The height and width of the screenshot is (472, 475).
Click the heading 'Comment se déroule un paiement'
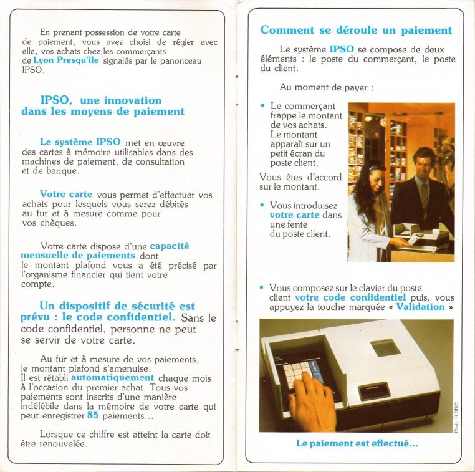pos(356,31)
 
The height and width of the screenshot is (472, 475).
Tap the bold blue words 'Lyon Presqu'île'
pos(65,60)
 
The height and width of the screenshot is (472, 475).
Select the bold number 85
pos(93,416)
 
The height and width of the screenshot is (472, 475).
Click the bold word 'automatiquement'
pos(112,378)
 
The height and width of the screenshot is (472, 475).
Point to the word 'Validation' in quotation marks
pos(421,307)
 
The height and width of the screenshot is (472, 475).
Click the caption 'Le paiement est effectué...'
pos(357,443)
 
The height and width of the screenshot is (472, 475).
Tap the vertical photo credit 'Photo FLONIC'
pos(456,416)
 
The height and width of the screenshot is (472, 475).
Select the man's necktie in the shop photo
pos(424,193)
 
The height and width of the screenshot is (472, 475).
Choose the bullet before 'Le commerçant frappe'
pos(262,106)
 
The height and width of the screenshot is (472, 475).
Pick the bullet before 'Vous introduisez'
pos(262,205)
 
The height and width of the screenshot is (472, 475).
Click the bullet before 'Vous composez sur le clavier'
pos(262,287)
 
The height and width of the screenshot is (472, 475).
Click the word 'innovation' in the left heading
pos(133,100)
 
